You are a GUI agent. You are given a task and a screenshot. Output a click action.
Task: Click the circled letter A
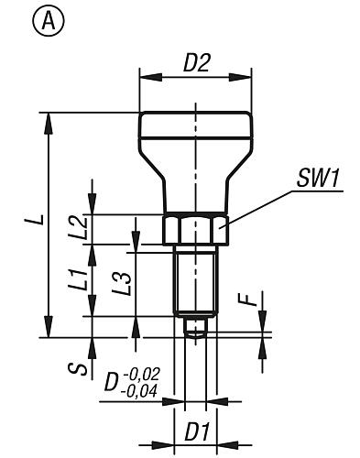49,21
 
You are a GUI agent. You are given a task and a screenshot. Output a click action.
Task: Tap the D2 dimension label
197,63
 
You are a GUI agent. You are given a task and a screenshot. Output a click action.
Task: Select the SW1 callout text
318,179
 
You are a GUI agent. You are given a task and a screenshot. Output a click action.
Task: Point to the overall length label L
38,219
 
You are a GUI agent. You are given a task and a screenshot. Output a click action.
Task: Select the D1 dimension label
197,432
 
